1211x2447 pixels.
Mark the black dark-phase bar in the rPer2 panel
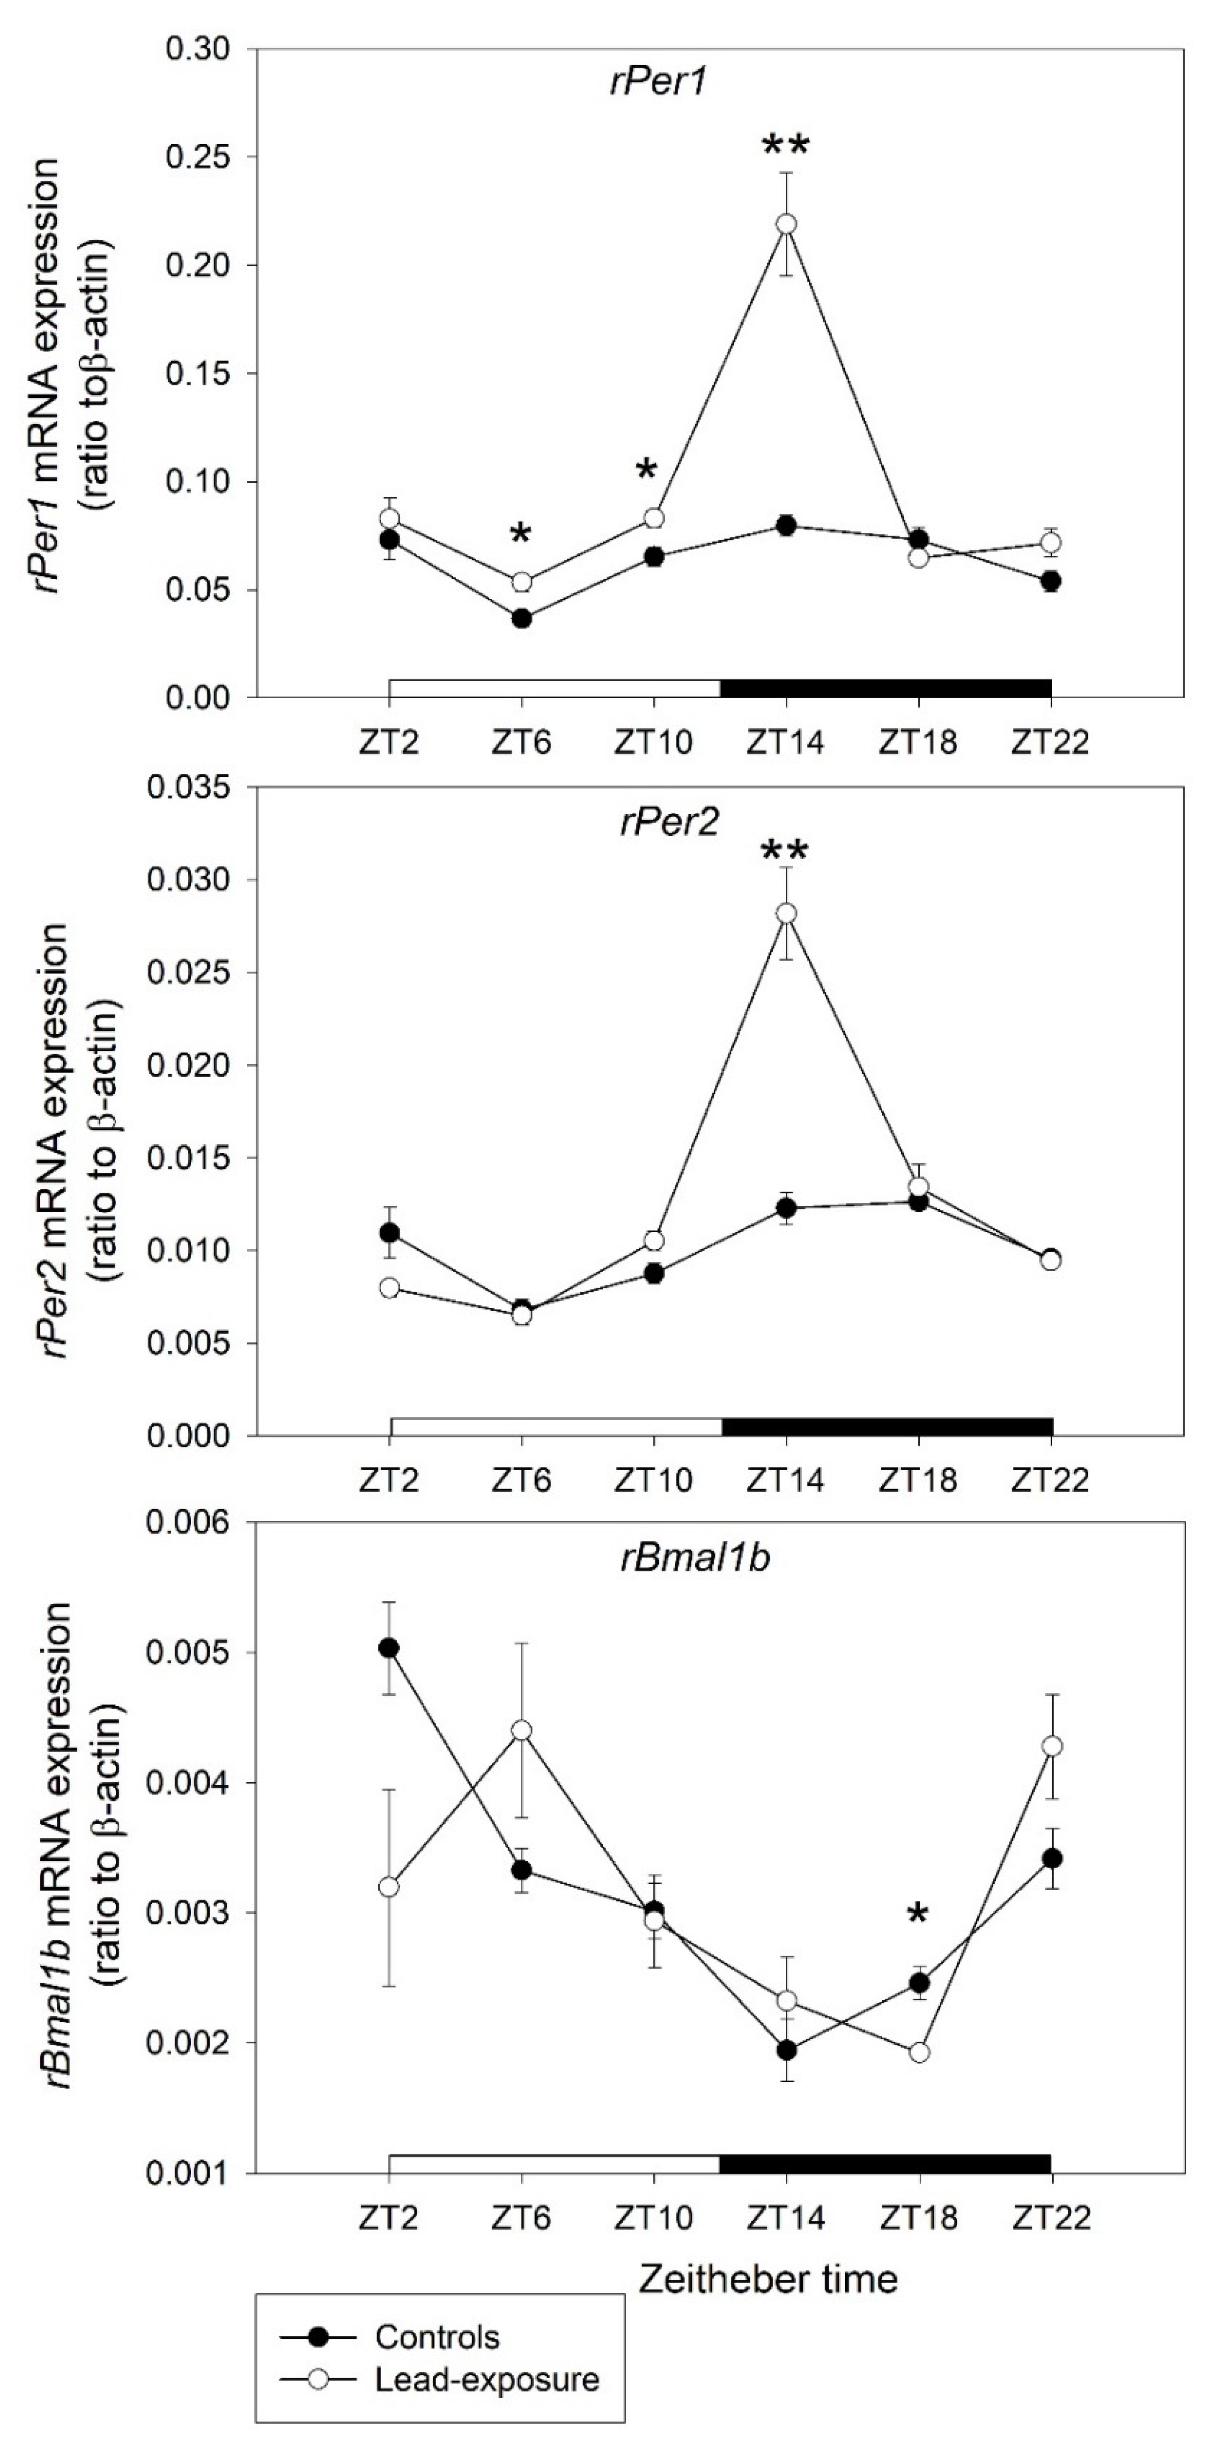point(886,1426)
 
